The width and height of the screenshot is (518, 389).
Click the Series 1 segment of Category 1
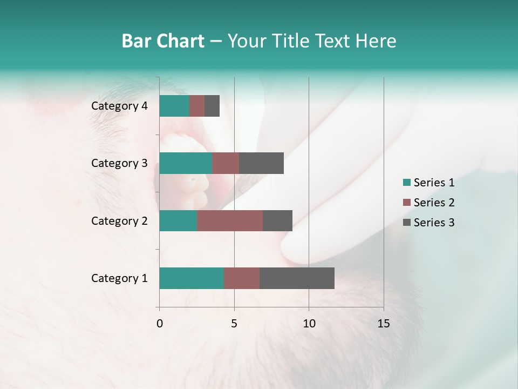(x=192, y=278)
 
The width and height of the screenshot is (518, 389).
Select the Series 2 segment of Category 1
(x=242, y=278)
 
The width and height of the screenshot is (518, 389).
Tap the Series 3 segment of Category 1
(x=297, y=278)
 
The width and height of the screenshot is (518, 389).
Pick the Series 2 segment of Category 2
(x=230, y=220)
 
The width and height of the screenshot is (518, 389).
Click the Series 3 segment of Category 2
(x=277, y=220)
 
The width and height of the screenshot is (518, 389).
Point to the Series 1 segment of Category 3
(x=186, y=163)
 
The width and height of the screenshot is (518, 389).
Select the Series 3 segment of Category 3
(x=261, y=163)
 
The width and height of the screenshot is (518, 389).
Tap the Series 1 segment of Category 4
(x=174, y=106)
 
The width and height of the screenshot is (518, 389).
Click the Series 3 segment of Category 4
(x=212, y=106)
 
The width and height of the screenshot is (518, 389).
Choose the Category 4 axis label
(x=119, y=106)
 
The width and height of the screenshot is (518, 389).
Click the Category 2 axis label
(x=119, y=220)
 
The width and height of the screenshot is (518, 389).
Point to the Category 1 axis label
(x=119, y=278)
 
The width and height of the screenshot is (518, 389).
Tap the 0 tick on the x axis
(x=160, y=324)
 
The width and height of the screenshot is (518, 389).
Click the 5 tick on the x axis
(x=234, y=324)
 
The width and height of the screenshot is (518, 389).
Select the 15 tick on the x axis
(x=383, y=324)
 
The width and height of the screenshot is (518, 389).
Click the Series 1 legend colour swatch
(x=407, y=183)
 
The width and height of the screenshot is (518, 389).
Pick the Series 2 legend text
(x=434, y=203)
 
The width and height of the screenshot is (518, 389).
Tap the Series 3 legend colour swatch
(x=407, y=223)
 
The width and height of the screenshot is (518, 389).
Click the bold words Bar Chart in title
(x=163, y=41)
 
